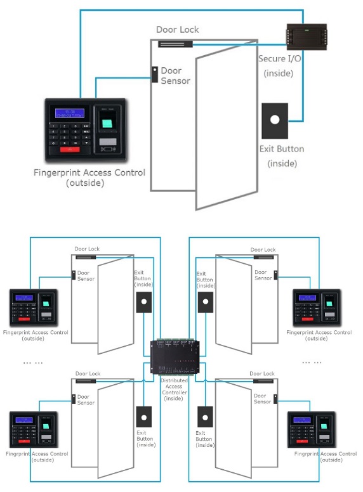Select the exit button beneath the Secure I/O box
coord(274,120)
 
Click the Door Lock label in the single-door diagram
coord(177,30)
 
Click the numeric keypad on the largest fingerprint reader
coord(69,134)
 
